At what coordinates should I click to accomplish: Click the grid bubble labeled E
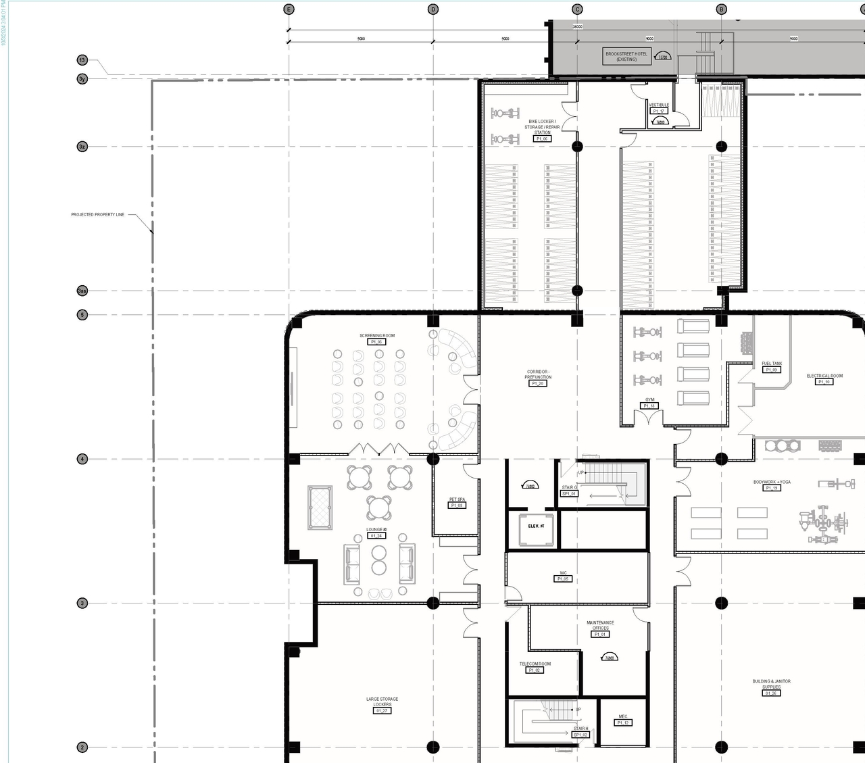pos(289,9)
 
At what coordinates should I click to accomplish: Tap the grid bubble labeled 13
pos(82,60)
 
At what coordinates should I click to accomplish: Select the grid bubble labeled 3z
pos(82,146)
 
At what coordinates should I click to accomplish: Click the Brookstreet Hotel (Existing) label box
pos(626,57)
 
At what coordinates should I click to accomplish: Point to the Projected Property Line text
pos(98,215)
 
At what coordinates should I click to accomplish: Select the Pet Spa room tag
pos(457,502)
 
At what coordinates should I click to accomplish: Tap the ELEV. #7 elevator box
pos(537,526)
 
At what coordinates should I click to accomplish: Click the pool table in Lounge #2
pos(320,507)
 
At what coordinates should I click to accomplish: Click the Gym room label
pos(649,403)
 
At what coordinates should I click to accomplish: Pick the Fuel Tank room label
pos(772,366)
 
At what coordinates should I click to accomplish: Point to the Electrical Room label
pos(824,378)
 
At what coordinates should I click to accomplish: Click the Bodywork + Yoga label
pos(772,485)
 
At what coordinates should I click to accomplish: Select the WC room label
pos(563,576)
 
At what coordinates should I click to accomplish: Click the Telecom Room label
pos(535,666)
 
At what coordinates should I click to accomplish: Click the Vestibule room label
pos(659,107)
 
